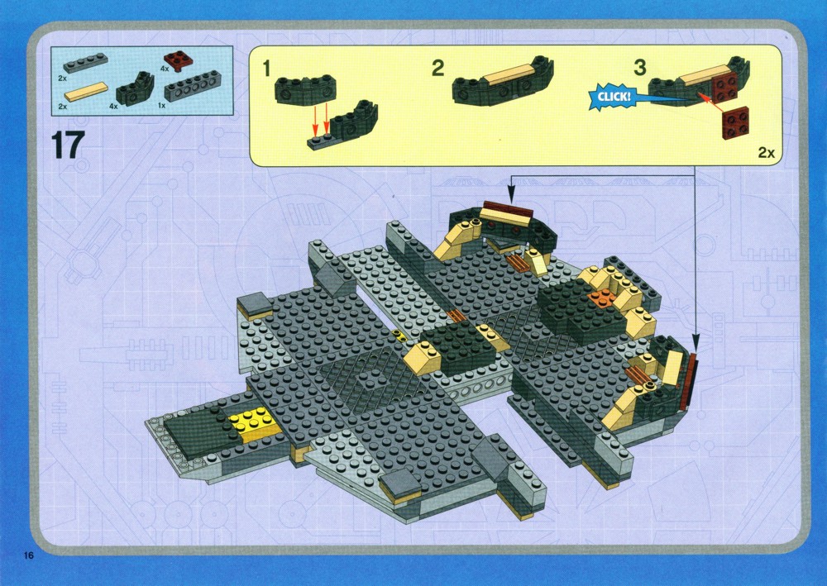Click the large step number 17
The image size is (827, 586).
68,145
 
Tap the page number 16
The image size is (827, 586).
28,555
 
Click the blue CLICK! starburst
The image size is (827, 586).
614,97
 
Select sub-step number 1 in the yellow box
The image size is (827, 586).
266,68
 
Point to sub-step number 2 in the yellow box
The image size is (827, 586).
437,68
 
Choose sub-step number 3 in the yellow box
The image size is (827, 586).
640,68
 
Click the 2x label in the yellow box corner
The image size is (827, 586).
767,152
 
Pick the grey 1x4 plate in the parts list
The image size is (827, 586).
85,63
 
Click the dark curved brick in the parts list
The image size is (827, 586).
135,88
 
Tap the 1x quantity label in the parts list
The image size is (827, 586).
162,106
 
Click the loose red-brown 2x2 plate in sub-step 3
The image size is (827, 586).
735,122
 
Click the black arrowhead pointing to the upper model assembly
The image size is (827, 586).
510,198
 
